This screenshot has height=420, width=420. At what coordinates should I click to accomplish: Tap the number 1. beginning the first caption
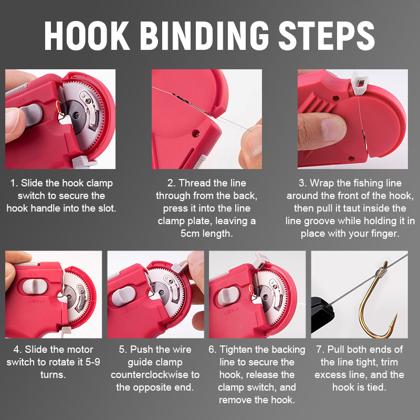(x=14, y=184)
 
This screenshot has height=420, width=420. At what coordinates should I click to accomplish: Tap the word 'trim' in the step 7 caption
(x=386, y=362)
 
